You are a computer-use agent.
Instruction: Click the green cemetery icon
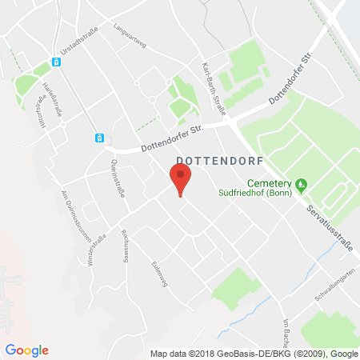coord(301,186)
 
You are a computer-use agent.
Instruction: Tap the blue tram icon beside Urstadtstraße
coord(57,62)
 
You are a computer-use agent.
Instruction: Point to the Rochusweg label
coord(126,243)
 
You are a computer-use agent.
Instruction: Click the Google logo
coord(26,350)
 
